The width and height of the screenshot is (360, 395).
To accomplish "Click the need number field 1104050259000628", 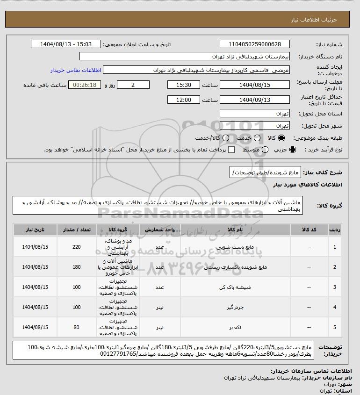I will (254, 44).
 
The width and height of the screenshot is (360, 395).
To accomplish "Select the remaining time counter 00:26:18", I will (85, 85).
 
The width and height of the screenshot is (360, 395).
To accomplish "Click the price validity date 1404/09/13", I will (254, 100).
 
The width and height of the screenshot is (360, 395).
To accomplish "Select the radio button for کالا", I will (281, 138).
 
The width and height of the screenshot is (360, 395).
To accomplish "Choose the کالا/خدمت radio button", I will (226, 138).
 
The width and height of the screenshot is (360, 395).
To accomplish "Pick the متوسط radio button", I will (265, 150).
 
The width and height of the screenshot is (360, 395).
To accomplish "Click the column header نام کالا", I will (234, 230).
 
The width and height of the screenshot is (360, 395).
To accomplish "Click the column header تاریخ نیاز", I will (35, 230).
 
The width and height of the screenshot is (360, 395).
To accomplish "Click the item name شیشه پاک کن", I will (234, 287).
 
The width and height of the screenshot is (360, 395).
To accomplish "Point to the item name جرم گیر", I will (234, 307).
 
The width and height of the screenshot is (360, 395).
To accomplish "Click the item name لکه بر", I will (234, 327).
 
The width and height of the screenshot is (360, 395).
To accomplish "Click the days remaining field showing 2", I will (133, 85).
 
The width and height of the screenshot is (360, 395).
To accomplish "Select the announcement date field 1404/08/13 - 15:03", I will (66, 44).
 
